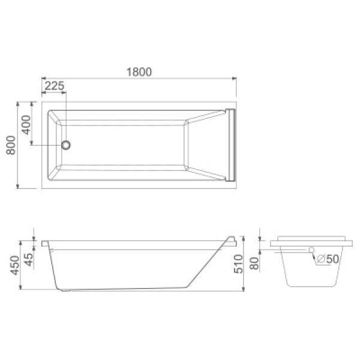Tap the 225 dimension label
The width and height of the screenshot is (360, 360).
tap(54, 86)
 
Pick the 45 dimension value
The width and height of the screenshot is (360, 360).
tap(27, 259)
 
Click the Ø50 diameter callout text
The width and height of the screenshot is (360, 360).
tap(327, 259)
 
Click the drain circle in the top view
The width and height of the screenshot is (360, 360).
tap(66, 145)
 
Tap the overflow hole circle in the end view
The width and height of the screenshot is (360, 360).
tap(311, 250)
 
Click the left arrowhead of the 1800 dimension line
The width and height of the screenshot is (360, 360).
tap(43, 78)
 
